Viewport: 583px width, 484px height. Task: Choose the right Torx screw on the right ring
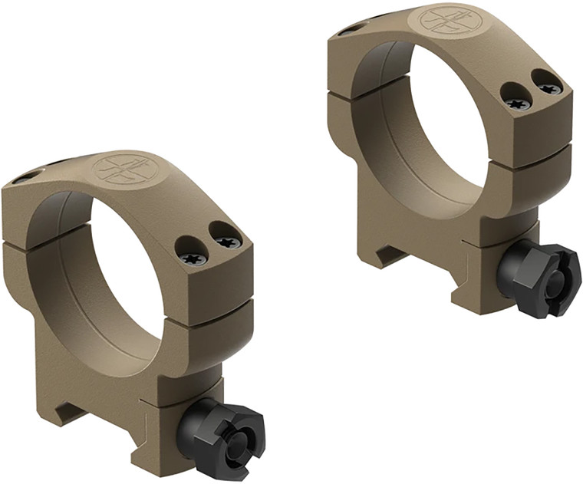pyautogui.click(x=549, y=88)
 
